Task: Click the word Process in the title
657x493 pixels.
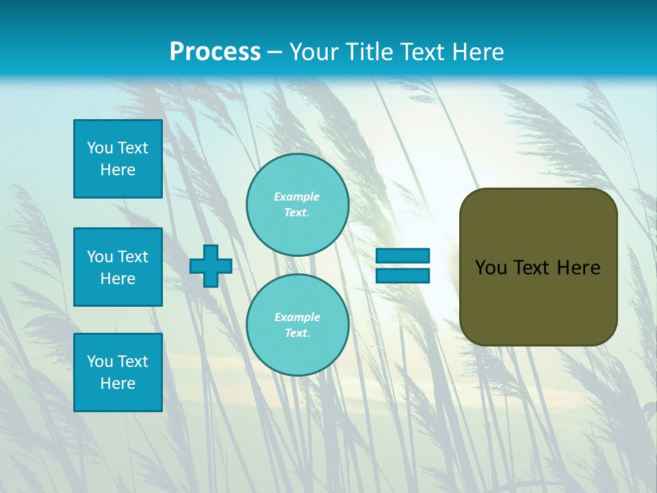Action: pyautogui.click(x=215, y=52)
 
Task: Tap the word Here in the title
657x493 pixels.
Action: pyautogui.click(x=477, y=52)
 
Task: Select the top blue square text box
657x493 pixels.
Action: pyautogui.click(x=118, y=159)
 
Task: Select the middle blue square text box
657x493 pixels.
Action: pyautogui.click(x=118, y=267)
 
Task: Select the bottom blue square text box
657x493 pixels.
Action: pyautogui.click(x=118, y=372)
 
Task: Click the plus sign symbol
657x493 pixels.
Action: pyautogui.click(x=211, y=266)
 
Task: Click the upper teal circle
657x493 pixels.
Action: pyautogui.click(x=298, y=205)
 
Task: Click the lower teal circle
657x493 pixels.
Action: pyautogui.click(x=298, y=325)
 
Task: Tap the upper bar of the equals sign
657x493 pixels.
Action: pyautogui.click(x=403, y=256)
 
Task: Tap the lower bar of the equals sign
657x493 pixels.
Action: pyautogui.click(x=403, y=275)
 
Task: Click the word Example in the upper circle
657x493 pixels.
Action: pyautogui.click(x=297, y=197)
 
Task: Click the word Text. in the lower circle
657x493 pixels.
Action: pyautogui.click(x=297, y=333)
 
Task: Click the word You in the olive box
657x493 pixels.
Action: pyautogui.click(x=491, y=268)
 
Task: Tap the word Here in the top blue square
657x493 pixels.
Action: pyautogui.click(x=118, y=170)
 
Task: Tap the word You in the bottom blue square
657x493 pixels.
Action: pyautogui.click(x=100, y=362)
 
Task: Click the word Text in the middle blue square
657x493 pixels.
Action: pyautogui.click(x=133, y=257)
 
